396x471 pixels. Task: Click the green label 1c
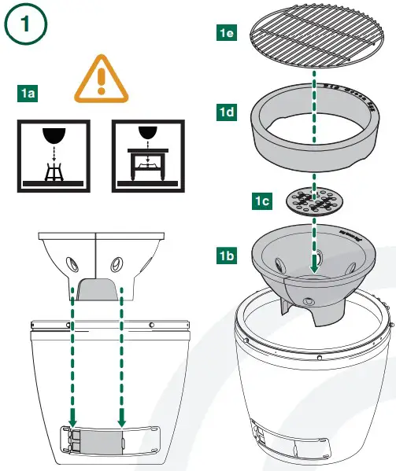(x=262, y=201)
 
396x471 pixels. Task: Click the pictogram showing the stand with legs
(x=53, y=155)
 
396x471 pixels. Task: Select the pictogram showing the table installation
(x=147, y=155)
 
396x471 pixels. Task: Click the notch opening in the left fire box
(x=98, y=289)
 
